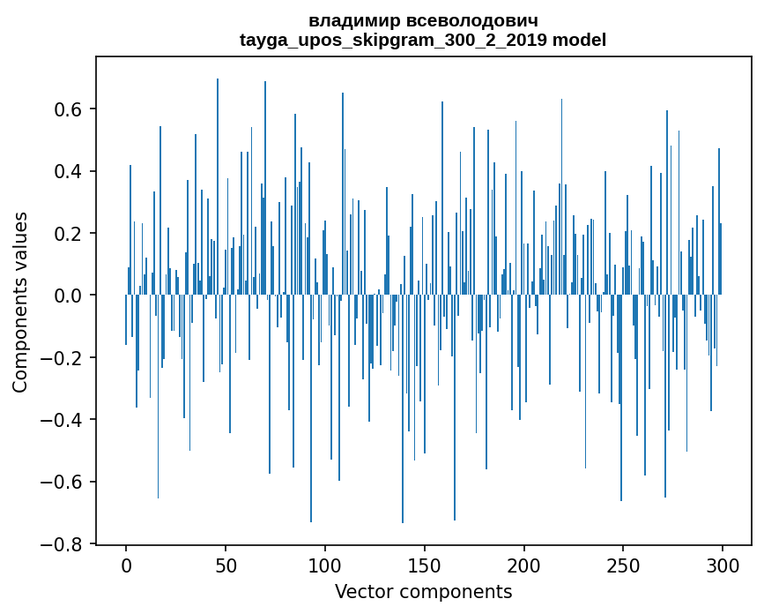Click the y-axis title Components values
point(20,302)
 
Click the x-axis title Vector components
point(423,591)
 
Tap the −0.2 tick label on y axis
point(64,358)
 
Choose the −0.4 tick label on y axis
point(64,420)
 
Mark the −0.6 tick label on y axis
point(64,483)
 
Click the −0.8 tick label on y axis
point(64,544)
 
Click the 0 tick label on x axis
point(126,565)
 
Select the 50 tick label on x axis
point(226,565)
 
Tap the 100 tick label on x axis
point(325,565)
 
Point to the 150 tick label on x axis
point(425,565)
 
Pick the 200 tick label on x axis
point(524,565)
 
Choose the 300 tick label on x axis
point(723,565)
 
